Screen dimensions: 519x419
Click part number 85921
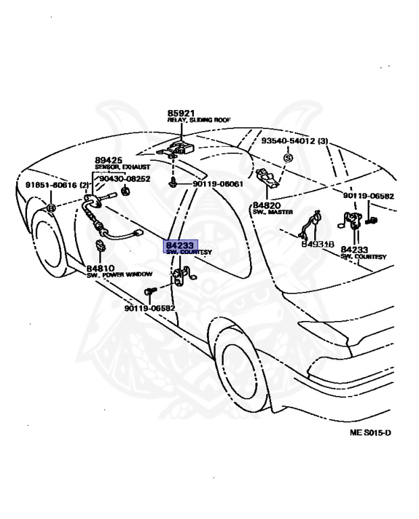click(x=180, y=113)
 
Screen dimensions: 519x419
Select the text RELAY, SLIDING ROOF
click(x=199, y=120)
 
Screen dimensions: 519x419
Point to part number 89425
click(x=108, y=160)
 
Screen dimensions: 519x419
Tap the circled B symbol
click(x=50, y=208)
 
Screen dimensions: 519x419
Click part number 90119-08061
click(x=218, y=184)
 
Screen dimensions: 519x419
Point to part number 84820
click(x=266, y=205)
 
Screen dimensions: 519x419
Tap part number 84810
click(x=100, y=267)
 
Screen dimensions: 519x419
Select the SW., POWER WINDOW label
click(x=120, y=274)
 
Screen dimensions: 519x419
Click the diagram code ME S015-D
click(x=370, y=432)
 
